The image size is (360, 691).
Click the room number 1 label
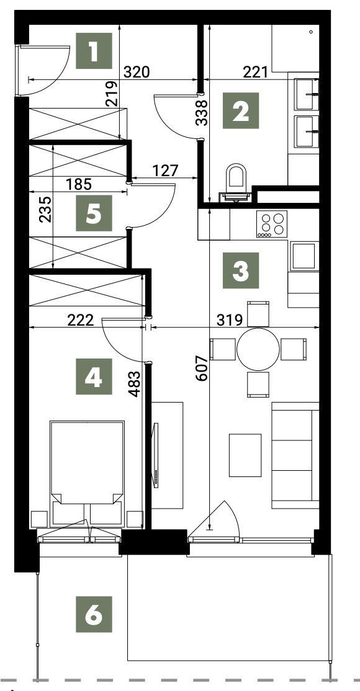(94, 51)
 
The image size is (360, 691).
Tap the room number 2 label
(240, 110)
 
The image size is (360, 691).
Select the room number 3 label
(240, 270)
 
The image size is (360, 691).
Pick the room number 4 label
(94, 377)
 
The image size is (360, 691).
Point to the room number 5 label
(94, 213)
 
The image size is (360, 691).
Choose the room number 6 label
(94, 614)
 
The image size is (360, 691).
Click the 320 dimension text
(137, 72)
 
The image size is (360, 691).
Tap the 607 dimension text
(201, 368)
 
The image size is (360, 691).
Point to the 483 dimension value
(135, 384)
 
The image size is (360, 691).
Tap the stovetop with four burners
(271, 224)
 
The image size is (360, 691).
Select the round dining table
(258, 349)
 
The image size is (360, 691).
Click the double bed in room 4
(87, 473)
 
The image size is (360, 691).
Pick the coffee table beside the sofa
(245, 455)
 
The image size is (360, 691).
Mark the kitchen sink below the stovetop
(304, 256)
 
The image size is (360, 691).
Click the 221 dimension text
(256, 72)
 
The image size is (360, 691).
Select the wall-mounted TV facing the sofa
(155, 455)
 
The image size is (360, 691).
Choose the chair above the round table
(258, 313)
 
